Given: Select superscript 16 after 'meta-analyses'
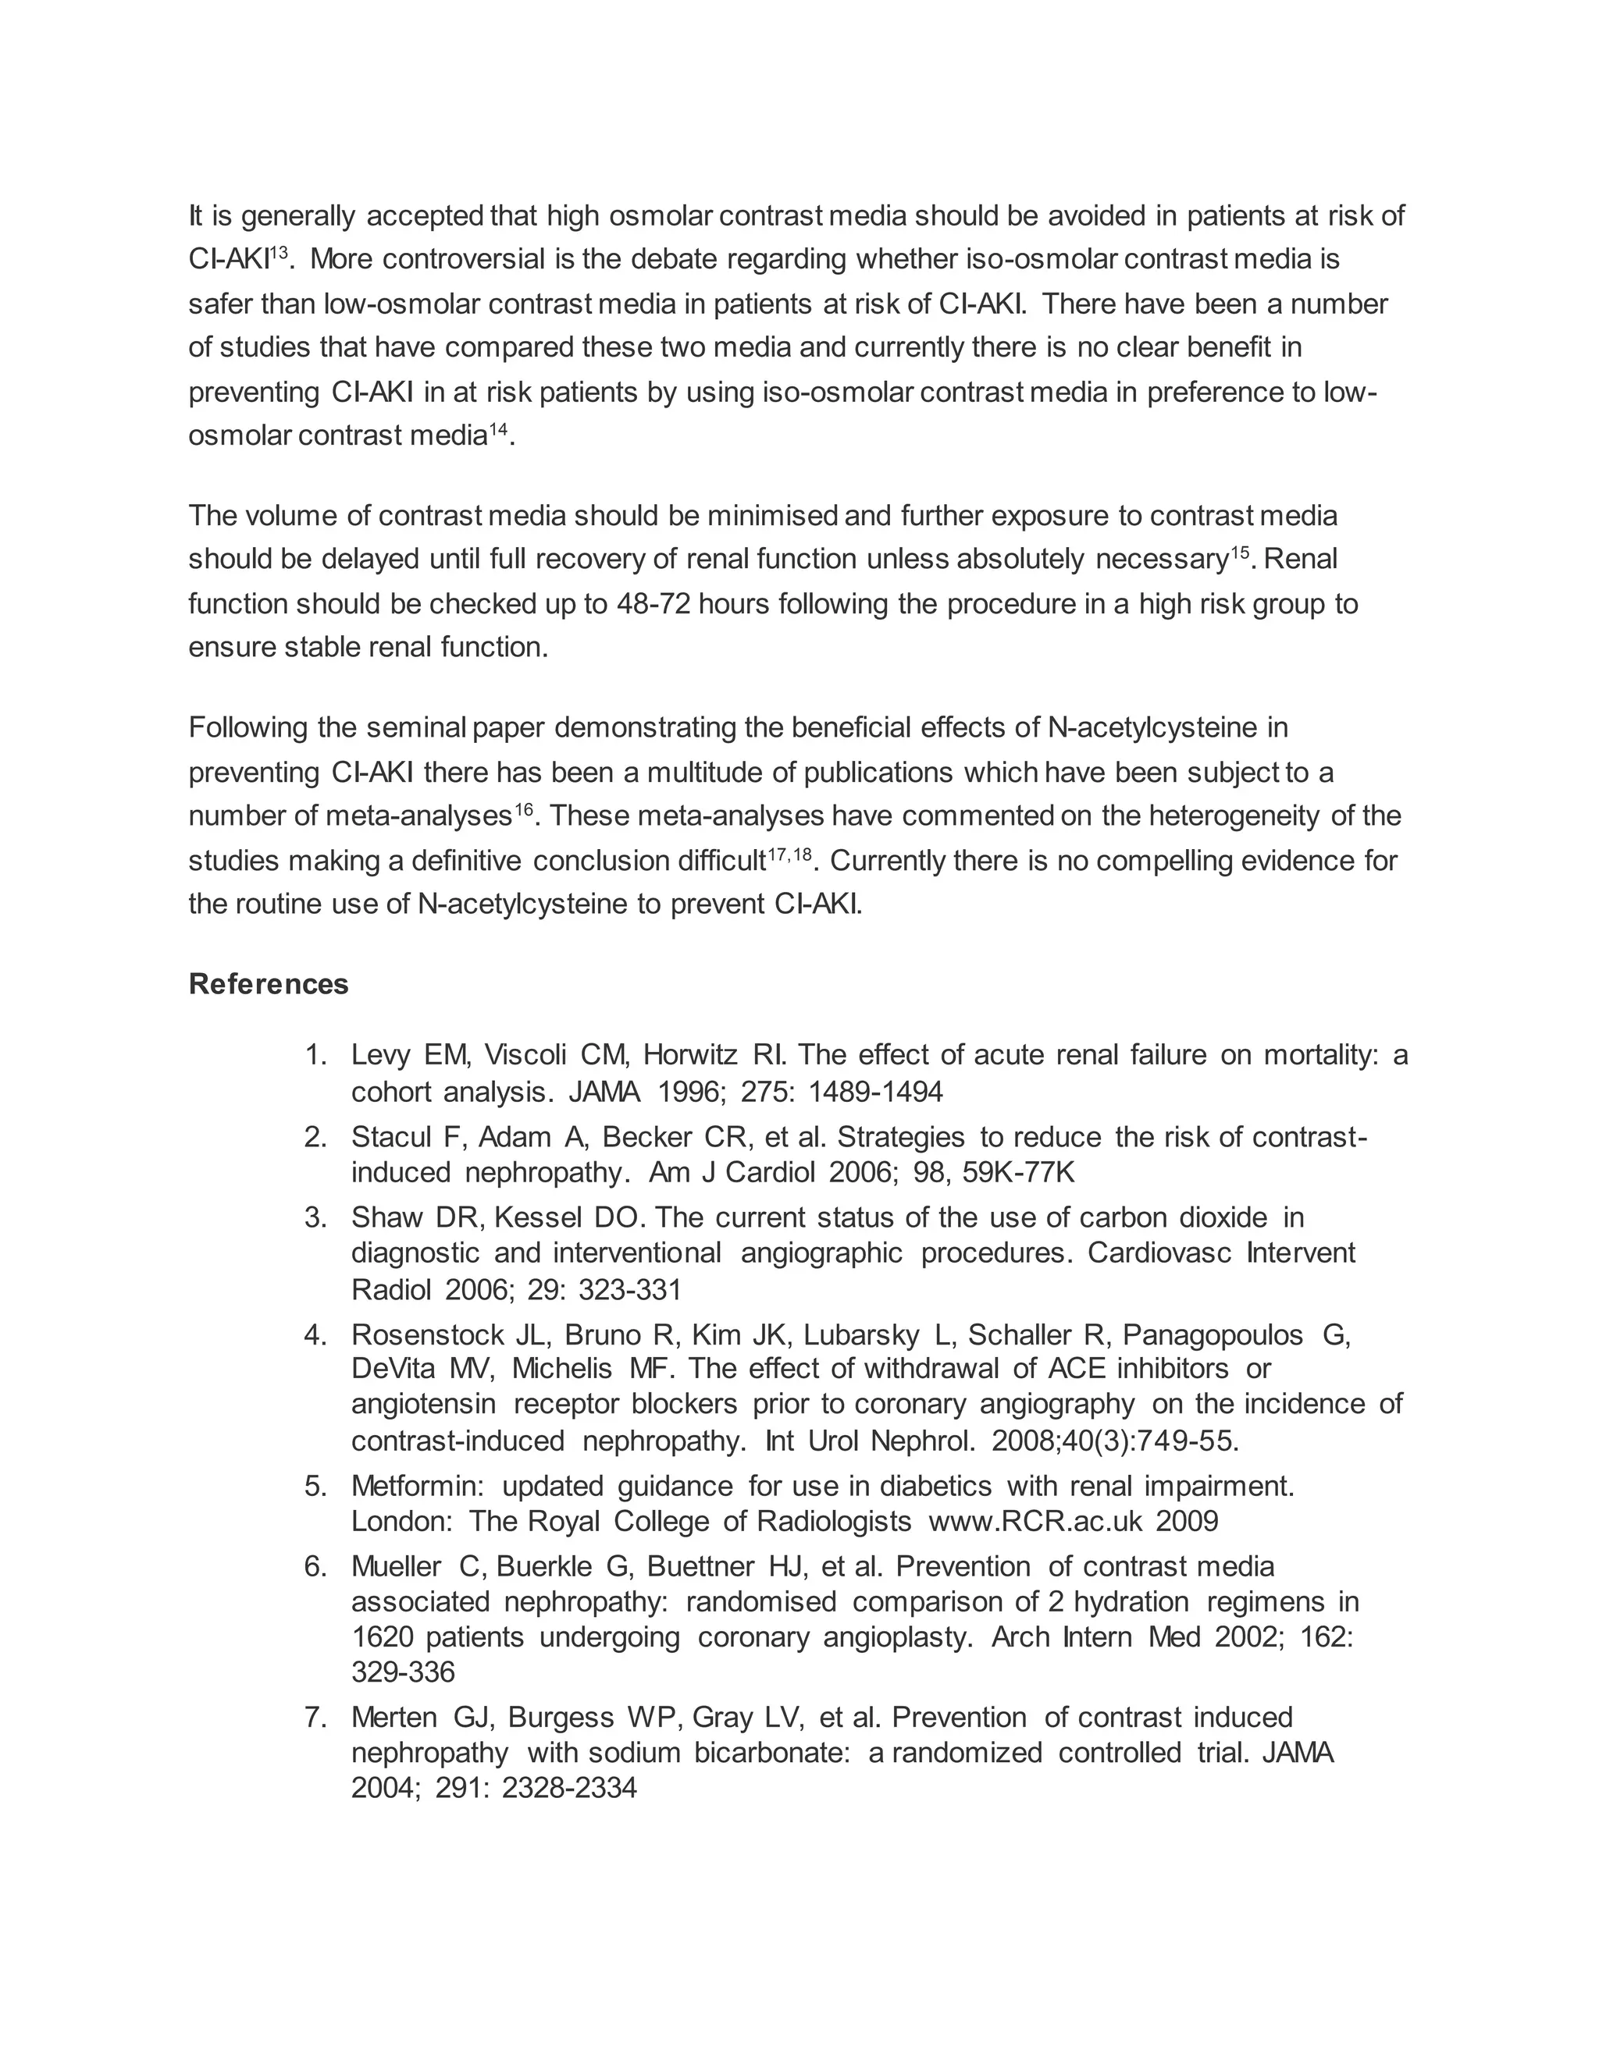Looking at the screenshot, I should [523, 808].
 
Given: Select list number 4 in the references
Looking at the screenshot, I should [315, 1335].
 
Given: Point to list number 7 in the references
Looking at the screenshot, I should [315, 1718].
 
